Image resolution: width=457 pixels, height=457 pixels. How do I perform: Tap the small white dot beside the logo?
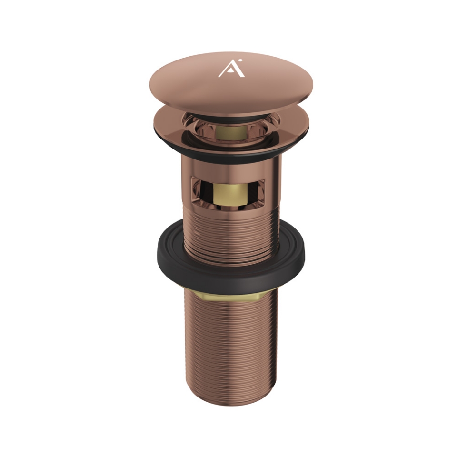pyautogui.click(x=240, y=60)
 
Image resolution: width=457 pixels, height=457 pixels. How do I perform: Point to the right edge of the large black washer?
pyautogui.click(x=304, y=250)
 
